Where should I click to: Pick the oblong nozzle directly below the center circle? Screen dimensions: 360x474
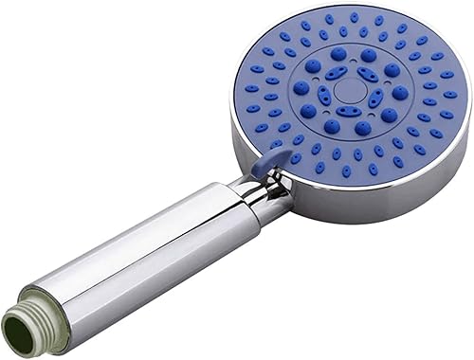coord(350,112)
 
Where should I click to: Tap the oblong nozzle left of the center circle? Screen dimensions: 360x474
coord(324,96)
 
